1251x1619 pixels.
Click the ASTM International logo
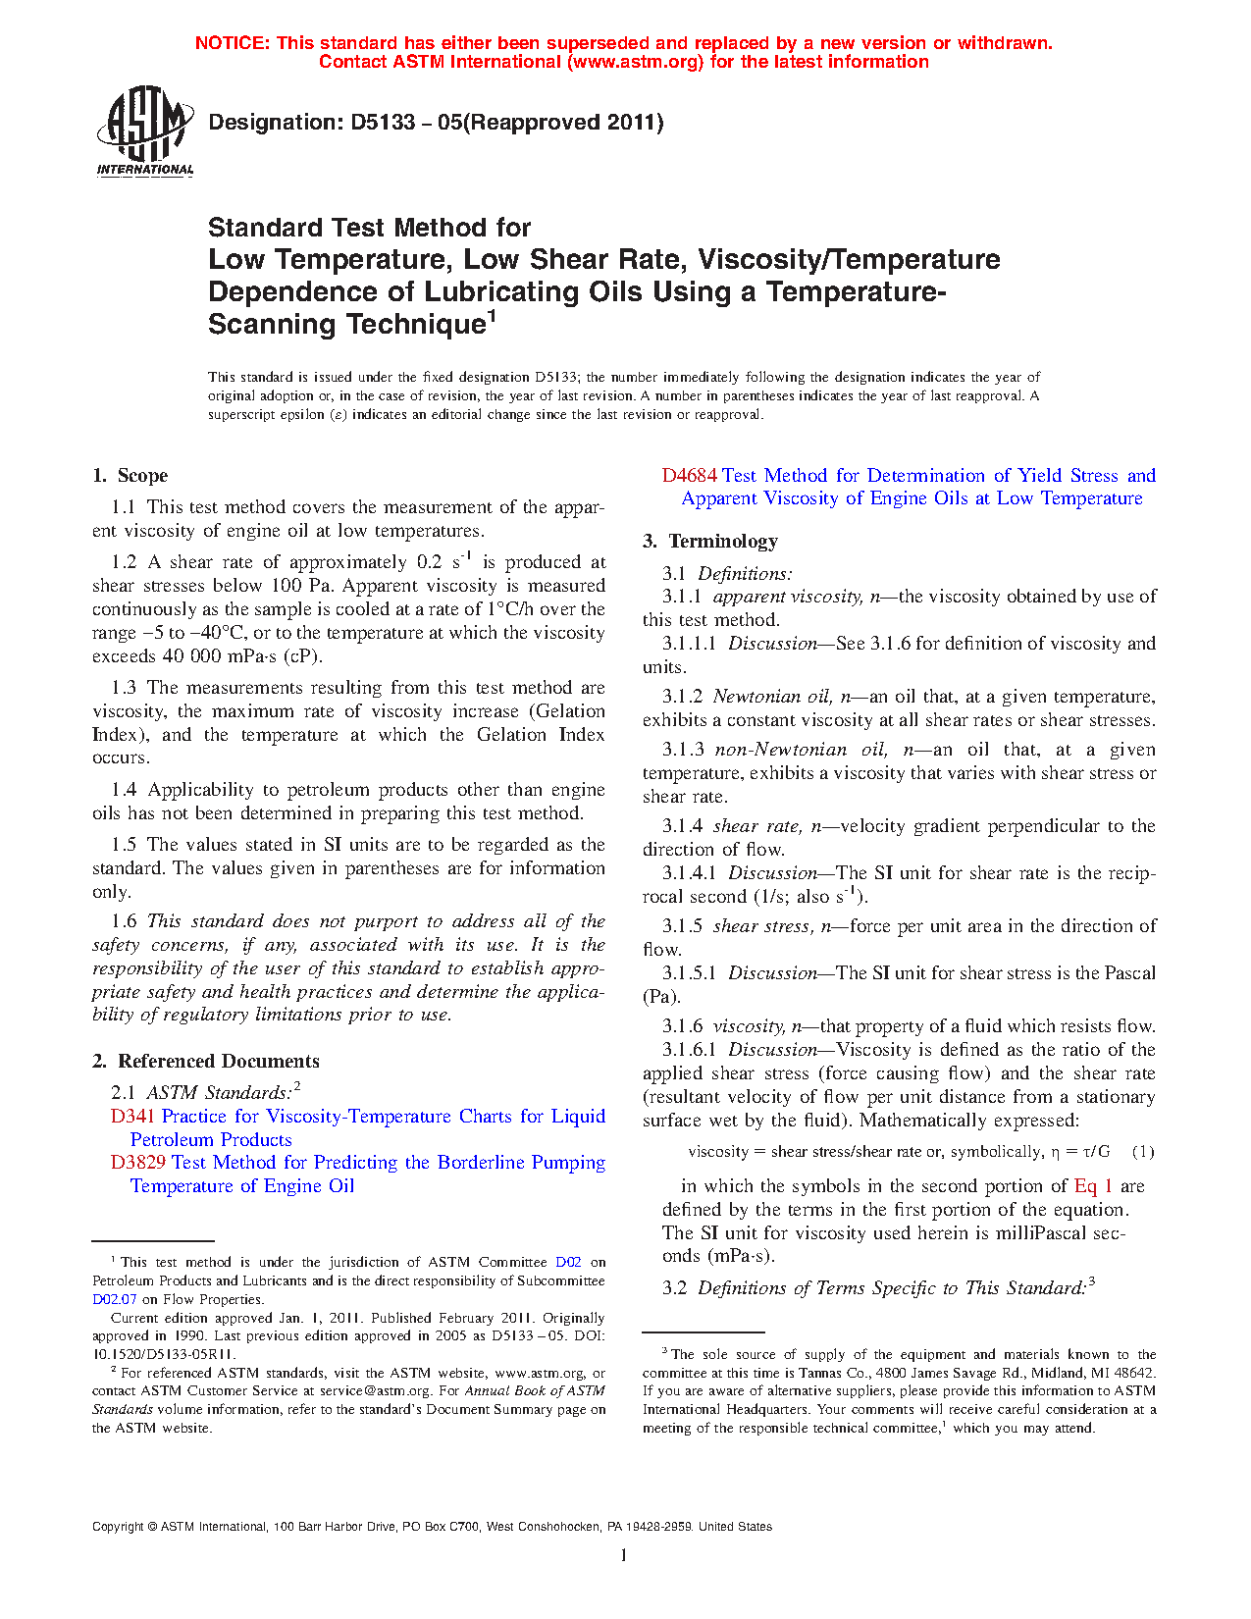[144, 131]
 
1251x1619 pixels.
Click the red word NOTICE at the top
[232, 43]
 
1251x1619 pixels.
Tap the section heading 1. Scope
[130, 476]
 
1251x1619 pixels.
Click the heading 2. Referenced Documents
[206, 1061]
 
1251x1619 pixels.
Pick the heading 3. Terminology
[710, 541]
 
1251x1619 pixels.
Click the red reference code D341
[133, 1117]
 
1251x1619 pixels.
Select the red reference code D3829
[138, 1163]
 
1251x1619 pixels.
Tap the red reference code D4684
[690, 476]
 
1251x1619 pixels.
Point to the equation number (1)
[1143, 1152]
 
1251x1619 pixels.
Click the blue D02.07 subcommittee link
[115, 1299]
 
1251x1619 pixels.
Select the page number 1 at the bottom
[624, 1554]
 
